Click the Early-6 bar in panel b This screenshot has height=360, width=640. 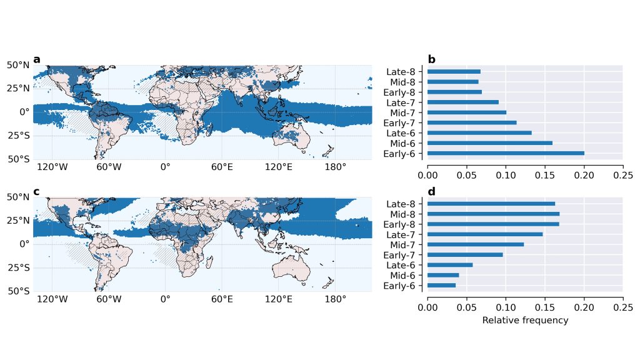pyautogui.click(x=506, y=153)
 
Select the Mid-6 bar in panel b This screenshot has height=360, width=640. pyautogui.click(x=490, y=143)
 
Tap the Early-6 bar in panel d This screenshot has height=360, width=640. pyautogui.click(x=441, y=286)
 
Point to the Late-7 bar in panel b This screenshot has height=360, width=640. pyautogui.click(x=463, y=102)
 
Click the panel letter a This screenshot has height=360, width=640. pyautogui.click(x=37, y=60)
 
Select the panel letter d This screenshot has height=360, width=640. pyautogui.click(x=431, y=191)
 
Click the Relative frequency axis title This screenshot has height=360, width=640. pyautogui.click(x=525, y=320)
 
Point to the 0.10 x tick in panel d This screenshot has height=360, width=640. pyautogui.click(x=506, y=307)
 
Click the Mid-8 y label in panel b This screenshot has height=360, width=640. pyautogui.click(x=404, y=82)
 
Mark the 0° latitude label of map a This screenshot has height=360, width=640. pyautogui.click(x=24, y=112)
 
